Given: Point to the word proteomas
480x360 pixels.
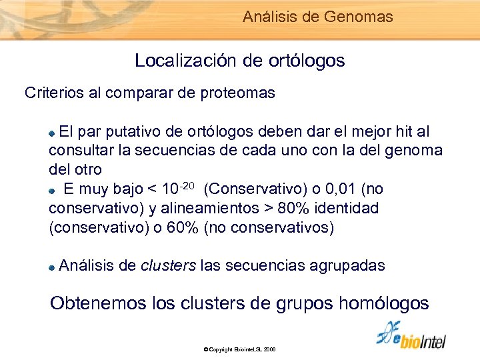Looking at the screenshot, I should pyautogui.click(x=237, y=93).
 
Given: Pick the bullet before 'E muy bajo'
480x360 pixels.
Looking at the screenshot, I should pyautogui.click(x=53, y=190).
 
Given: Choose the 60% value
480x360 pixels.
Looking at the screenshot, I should pyautogui.click(x=182, y=227).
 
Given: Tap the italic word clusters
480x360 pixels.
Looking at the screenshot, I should pyautogui.click(x=169, y=265).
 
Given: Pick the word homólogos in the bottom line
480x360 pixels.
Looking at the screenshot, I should pyautogui.click(x=384, y=303).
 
